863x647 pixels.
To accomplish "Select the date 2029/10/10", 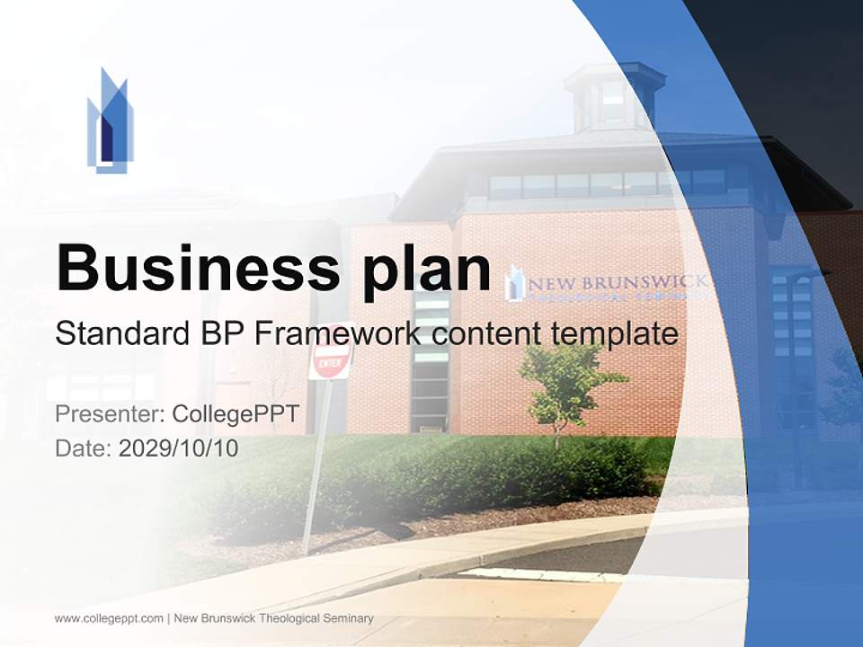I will coord(178,448).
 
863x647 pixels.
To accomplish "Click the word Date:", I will coord(84,448).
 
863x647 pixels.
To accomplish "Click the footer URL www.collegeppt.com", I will coord(109,618).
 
